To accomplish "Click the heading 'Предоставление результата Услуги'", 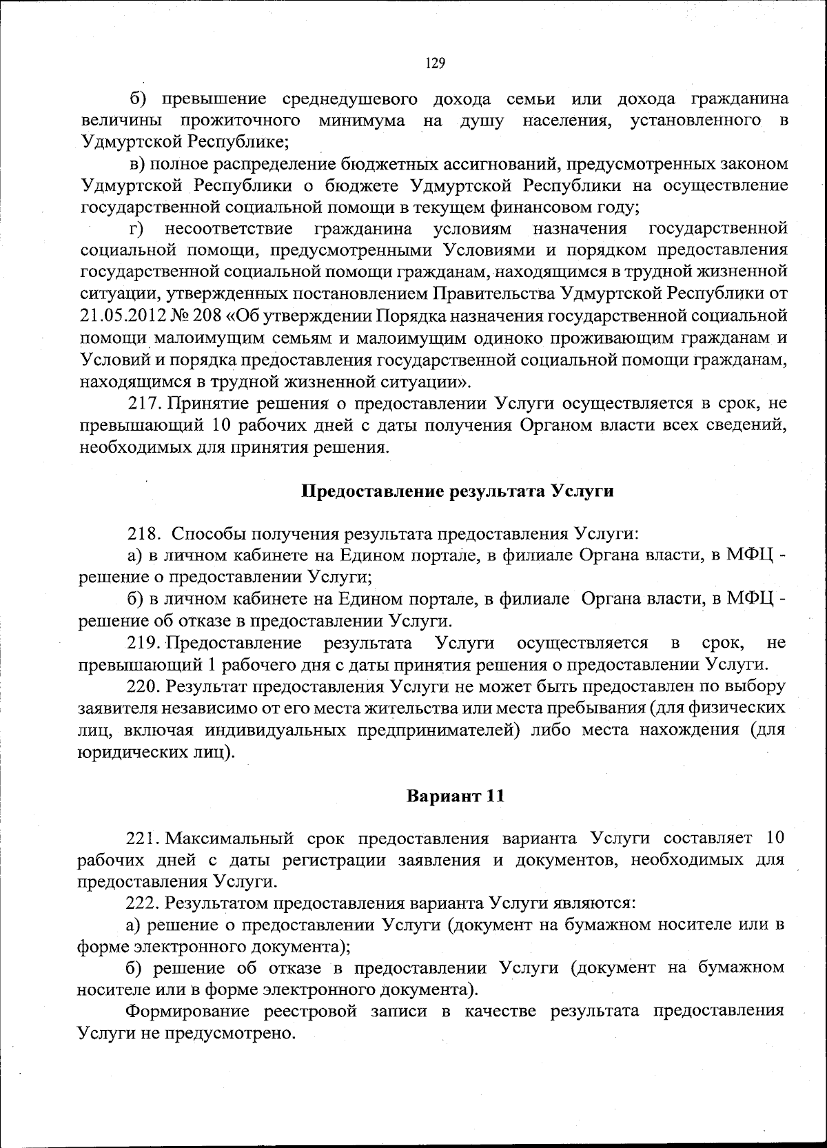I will click(x=458, y=491).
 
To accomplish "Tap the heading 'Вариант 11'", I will click(x=456, y=796).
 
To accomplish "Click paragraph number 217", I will click(x=145, y=403).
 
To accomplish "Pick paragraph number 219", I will click(x=143, y=644).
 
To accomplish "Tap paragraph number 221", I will click(x=143, y=839).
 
